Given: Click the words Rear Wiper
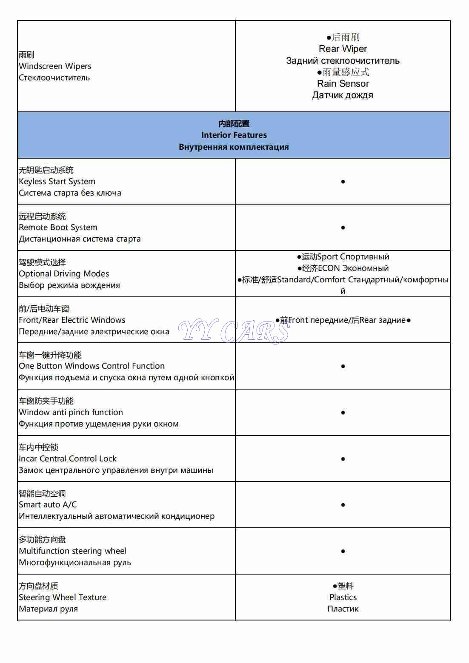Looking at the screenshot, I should [343, 49].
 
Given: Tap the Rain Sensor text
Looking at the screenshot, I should [343, 84].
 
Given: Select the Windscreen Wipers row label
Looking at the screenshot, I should [55, 66].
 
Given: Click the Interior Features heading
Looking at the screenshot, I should [234, 135].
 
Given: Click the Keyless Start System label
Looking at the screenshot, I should [57, 182].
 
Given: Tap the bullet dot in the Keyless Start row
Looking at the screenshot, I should [343, 182].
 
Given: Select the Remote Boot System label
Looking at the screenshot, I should [58, 228].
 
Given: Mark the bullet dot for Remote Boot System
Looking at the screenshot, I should [343, 228].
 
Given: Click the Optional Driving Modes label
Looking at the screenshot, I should [64, 274].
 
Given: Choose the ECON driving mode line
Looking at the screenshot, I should [343, 268].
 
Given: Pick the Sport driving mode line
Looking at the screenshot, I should [343, 257].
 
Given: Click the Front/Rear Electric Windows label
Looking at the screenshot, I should [72, 320].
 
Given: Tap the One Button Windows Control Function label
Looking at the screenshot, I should [92, 366].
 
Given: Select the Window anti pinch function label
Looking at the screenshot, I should [71, 413].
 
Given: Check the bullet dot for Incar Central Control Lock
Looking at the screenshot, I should [343, 459].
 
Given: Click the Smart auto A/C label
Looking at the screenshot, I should [48, 505].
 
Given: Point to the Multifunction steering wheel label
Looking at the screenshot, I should [72, 551].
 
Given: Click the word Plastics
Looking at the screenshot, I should [343, 598].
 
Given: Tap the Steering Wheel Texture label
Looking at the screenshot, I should [63, 598].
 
